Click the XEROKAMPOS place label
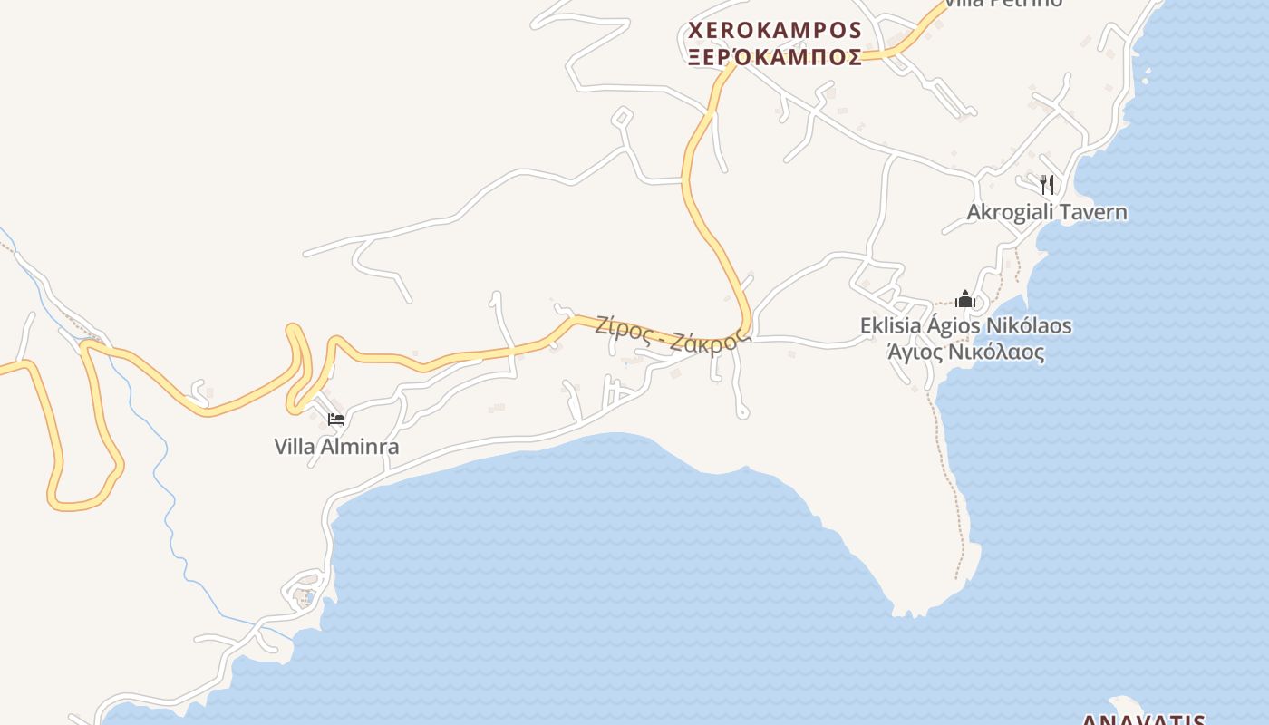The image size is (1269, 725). (775, 31)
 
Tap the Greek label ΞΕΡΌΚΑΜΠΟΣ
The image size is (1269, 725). (775, 58)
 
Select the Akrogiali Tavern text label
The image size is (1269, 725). (1047, 213)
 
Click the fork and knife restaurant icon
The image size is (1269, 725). (1047, 185)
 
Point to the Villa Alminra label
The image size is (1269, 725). (336, 447)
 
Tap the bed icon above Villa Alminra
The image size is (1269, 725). (336, 420)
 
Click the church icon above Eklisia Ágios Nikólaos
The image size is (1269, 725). (965, 299)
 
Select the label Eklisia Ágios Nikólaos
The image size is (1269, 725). (965, 325)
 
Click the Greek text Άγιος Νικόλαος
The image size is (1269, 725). (965, 353)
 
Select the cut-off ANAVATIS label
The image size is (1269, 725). (1144, 720)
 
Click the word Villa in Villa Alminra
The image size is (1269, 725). (295, 447)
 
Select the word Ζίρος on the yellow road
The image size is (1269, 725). (623, 328)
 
